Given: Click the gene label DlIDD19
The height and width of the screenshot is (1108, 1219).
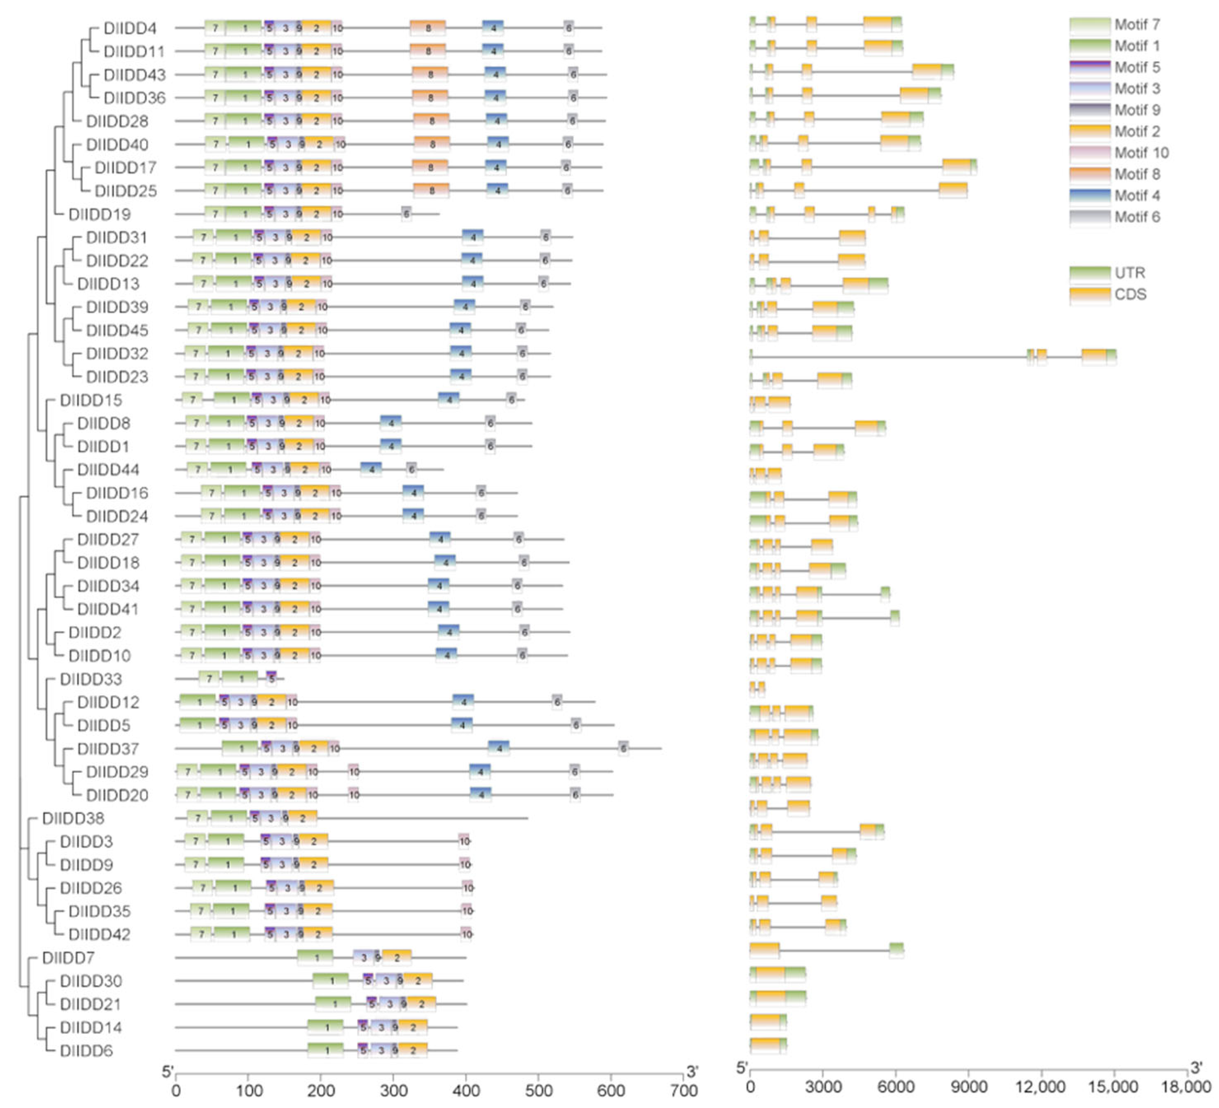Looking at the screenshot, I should pos(99,215).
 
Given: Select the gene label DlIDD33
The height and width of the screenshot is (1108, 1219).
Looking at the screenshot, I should pos(91,679).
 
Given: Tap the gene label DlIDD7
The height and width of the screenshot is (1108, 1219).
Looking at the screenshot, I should pos(68,958).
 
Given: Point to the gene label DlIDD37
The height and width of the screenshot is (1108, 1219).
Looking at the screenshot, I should pos(107,749).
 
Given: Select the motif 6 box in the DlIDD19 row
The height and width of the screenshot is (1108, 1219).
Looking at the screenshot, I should pos(406,214).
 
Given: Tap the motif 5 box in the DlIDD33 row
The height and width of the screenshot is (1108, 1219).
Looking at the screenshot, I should pos(271,679).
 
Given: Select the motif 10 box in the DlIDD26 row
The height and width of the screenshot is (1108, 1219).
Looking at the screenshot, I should pos(468,888).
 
